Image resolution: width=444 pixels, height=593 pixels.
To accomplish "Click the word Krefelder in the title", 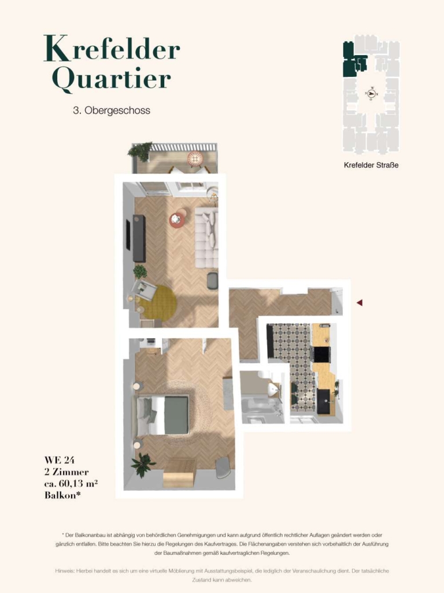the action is (x=112, y=48).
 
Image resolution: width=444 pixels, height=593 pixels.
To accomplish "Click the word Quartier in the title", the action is (x=112, y=80).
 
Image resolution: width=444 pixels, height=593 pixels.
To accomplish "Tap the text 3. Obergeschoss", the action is (x=112, y=111).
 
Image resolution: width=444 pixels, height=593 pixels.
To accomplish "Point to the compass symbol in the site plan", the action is (x=372, y=93).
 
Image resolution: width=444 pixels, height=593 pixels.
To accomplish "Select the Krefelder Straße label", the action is (x=371, y=165).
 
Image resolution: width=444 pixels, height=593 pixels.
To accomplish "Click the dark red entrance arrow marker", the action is (x=360, y=302).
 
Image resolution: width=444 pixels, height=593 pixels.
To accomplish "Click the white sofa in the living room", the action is (x=206, y=237).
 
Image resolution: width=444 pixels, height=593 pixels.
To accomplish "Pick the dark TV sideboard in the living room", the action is (x=139, y=238).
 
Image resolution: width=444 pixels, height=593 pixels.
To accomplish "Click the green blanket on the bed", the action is (x=176, y=415).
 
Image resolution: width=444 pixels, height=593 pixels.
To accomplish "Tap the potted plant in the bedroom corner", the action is (x=143, y=465).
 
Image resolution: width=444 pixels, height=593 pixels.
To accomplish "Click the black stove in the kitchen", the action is (x=320, y=354).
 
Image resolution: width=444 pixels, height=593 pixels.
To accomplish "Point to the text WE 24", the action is (x=60, y=460).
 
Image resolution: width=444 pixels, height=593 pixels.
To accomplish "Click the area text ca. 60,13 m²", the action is (x=71, y=484).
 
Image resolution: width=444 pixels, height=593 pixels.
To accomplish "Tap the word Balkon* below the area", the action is (x=62, y=495).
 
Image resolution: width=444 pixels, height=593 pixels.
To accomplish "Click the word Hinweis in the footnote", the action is (x=65, y=570).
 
